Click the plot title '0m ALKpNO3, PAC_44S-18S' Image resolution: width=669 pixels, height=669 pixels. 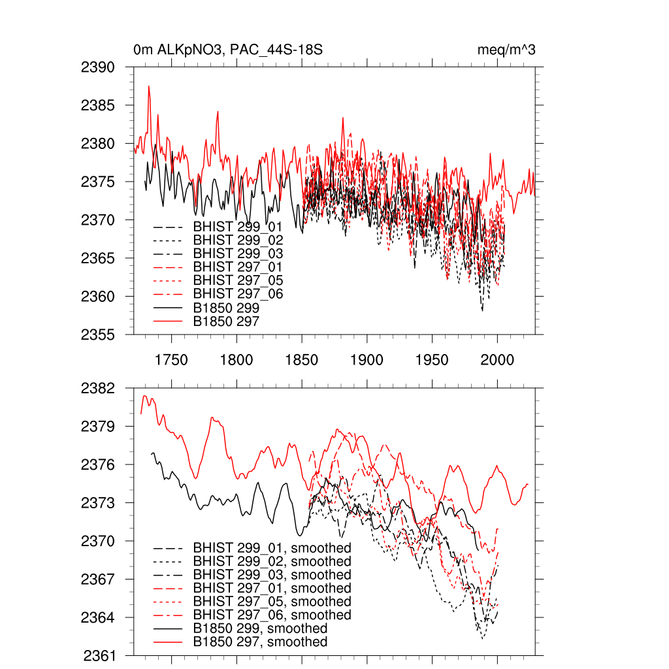[227, 50]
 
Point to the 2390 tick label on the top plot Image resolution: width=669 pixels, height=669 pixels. [99, 67]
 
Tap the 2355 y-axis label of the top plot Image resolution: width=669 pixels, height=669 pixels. [99, 334]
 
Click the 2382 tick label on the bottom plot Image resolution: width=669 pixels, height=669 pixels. [99, 388]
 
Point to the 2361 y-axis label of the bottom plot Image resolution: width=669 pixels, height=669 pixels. [99, 655]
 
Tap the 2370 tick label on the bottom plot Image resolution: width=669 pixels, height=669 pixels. [99, 541]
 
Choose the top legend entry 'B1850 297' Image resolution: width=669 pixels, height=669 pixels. [226, 321]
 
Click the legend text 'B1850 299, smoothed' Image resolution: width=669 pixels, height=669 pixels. [260, 628]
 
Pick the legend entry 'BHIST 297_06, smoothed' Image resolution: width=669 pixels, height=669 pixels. [272, 615]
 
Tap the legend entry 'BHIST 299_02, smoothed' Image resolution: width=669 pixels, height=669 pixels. [272, 561]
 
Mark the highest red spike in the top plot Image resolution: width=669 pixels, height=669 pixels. [149, 86]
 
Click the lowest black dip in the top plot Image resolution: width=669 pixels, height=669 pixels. [482, 310]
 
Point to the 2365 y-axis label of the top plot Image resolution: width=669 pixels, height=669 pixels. [99, 258]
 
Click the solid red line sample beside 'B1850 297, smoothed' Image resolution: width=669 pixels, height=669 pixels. [167, 642]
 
